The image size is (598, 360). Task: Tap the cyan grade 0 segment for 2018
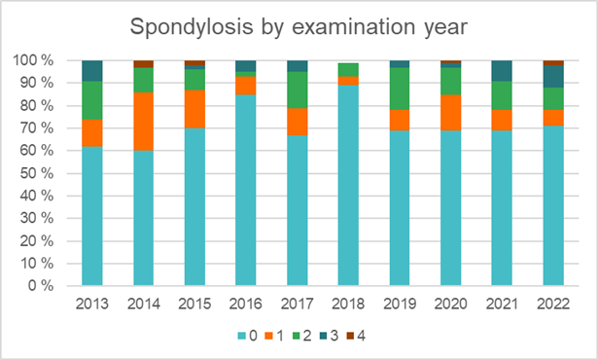[348, 186]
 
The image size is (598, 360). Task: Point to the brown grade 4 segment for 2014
[144, 63]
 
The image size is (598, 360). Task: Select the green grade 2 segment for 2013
[92, 100]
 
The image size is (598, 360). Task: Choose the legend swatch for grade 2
[297, 336]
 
